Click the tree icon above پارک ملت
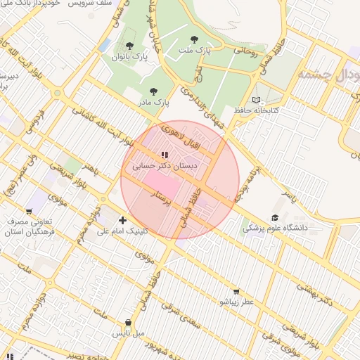pyautogui.click(x=195, y=39)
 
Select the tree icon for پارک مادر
pyautogui.click(x=153, y=91)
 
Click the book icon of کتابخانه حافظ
pyautogui.click(x=256, y=99)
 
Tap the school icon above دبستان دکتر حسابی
pyautogui.click(x=164, y=155)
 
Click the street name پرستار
pyautogui.click(x=162, y=199)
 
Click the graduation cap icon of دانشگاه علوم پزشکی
pyautogui.click(x=274, y=217)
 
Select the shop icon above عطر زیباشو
pyautogui.click(x=236, y=291)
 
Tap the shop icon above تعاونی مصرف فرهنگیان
pyautogui.click(x=28, y=210)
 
